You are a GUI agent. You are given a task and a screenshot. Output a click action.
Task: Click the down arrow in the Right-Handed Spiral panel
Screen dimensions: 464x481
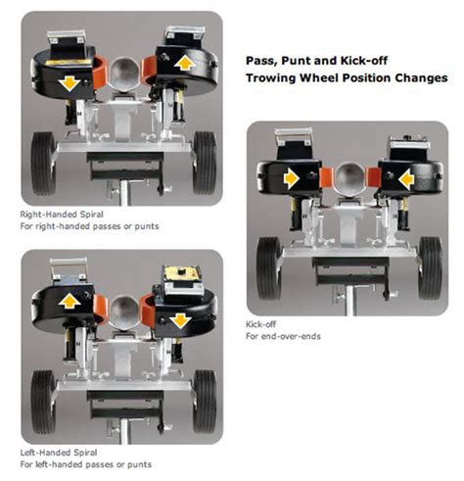pyautogui.click(x=70, y=83)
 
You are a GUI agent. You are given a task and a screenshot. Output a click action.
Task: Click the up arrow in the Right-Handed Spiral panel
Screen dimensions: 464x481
pyautogui.click(x=185, y=63)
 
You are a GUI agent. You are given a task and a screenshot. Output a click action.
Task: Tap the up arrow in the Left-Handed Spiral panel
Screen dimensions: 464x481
pyautogui.click(x=70, y=301)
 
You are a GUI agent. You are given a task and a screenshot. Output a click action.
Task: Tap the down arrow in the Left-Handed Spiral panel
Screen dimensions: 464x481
pyautogui.click(x=180, y=321)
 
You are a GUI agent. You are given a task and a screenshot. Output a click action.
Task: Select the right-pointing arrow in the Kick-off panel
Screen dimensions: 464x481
pyautogui.click(x=292, y=178)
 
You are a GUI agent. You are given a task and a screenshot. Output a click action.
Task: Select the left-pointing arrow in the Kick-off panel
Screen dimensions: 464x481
pyautogui.click(x=406, y=179)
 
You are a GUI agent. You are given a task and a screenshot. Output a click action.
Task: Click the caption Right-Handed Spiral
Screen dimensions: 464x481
pyautogui.click(x=62, y=215)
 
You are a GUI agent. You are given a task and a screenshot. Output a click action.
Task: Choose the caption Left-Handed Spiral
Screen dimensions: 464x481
pyautogui.click(x=59, y=453)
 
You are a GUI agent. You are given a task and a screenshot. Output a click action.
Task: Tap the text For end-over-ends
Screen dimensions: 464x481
pyautogui.click(x=283, y=336)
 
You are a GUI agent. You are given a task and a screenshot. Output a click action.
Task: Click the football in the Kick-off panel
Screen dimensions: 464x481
pyautogui.click(x=348, y=179)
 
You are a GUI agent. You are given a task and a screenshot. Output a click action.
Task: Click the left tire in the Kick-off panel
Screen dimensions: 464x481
pyautogui.click(x=269, y=268)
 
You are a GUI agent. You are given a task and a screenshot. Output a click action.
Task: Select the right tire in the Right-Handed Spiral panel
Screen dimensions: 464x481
pyautogui.click(x=205, y=163)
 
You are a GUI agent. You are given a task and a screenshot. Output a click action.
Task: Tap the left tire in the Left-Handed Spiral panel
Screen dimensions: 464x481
pyautogui.click(x=43, y=402)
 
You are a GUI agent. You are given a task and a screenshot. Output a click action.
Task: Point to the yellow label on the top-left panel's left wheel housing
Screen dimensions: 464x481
pyautogui.click(x=69, y=62)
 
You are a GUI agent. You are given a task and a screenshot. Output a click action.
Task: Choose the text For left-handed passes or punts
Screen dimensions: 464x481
pyautogui.click(x=86, y=464)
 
